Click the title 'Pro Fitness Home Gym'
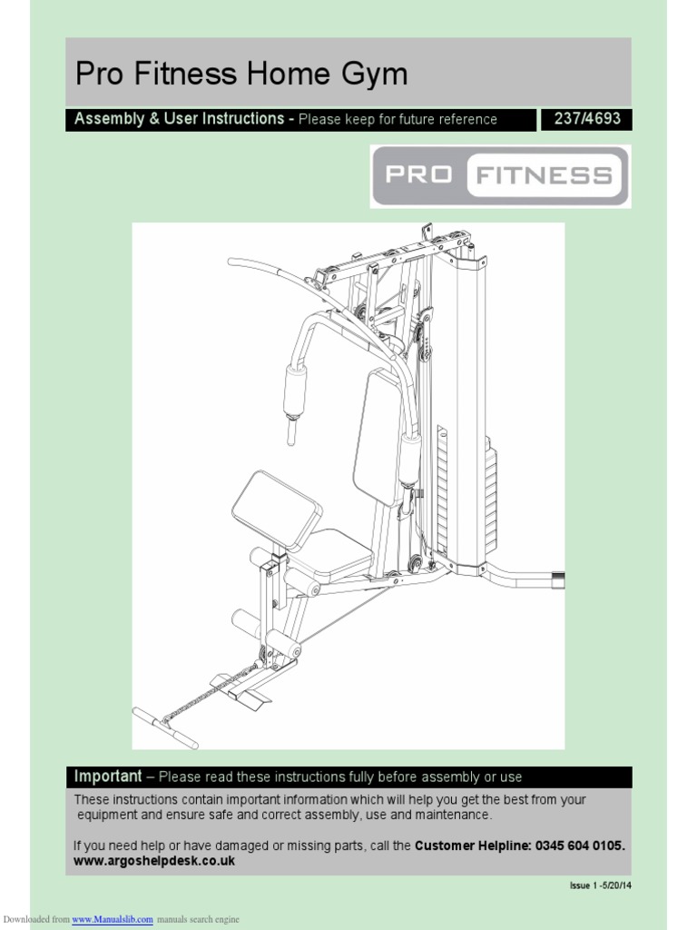pyautogui.click(x=241, y=74)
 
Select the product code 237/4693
pyautogui.click(x=586, y=119)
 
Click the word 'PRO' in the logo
pyautogui.click(x=419, y=174)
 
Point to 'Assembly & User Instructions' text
pyautogui.click(x=179, y=119)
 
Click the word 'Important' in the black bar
pyautogui.click(x=108, y=777)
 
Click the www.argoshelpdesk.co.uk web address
pyautogui.click(x=154, y=861)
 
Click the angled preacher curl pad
pyautogui.click(x=276, y=510)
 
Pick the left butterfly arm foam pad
pyautogui.click(x=295, y=391)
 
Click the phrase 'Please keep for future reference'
pyautogui.click(x=398, y=120)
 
